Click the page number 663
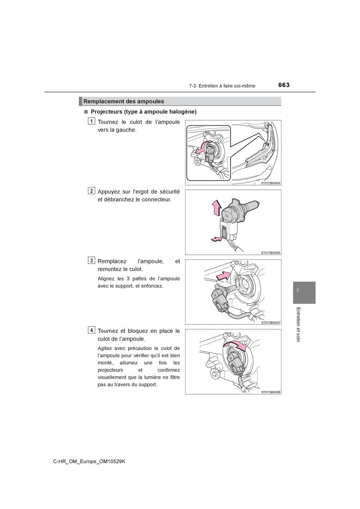coord(284,85)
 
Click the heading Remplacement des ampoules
coord(124,101)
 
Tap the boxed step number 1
coord(92,122)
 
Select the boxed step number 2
coord(92,191)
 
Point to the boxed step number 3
coord(92,260)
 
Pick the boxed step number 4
coord(92,330)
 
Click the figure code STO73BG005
coord(271,183)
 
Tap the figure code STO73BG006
coord(271,253)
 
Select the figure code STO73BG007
coord(271,322)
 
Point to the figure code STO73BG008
coord(271,392)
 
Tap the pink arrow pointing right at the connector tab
coord(217,240)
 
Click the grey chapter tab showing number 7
coord(304,292)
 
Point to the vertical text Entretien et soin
coord(298,324)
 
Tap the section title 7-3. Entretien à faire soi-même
coord(222,86)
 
